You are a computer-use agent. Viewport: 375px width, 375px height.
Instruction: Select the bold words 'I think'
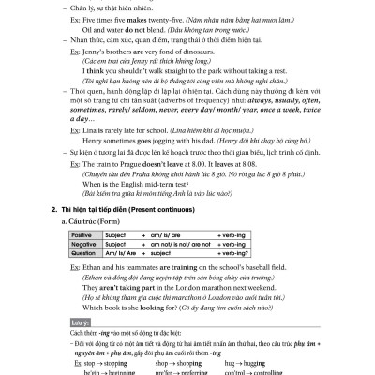[x=97, y=95]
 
